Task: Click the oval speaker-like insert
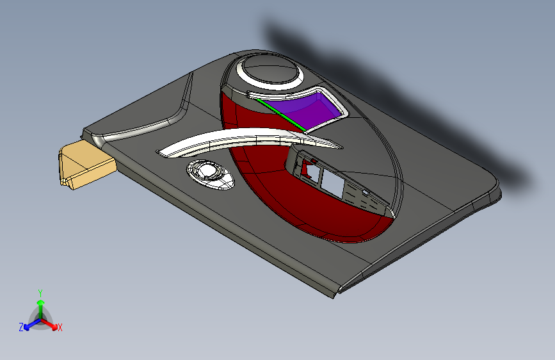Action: coord(211,174)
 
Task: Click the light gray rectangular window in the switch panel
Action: coord(332,184)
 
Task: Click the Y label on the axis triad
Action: coord(40,292)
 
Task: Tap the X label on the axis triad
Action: coord(60,327)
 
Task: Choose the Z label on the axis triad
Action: coord(21,327)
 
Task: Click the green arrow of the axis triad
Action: coord(40,306)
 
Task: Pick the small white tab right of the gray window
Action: coord(366,192)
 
